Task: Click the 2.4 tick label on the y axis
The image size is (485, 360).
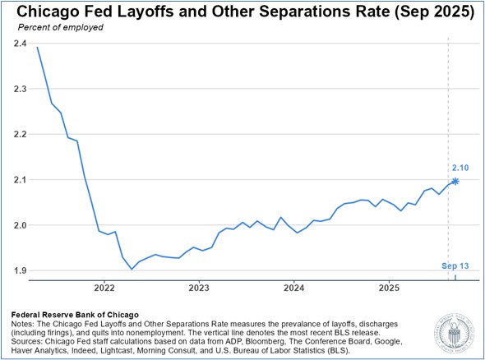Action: pos(20,43)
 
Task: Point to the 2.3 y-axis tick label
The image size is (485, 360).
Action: pos(20,89)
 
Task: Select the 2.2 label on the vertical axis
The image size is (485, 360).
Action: pos(20,134)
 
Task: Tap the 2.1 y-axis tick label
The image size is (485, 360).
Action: pos(20,179)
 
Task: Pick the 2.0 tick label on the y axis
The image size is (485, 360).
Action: pos(20,225)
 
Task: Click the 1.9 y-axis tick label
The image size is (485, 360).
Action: pos(20,270)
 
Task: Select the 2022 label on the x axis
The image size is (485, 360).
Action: pos(104,288)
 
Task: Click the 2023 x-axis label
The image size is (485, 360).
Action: pos(199,288)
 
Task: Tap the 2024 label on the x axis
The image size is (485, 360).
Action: pos(294,288)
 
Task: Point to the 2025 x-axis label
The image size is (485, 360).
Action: pos(390,288)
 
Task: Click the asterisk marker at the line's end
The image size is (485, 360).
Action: pos(455,181)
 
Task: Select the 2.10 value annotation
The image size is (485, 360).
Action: pos(460,168)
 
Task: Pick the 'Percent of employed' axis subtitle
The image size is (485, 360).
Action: pos(56,28)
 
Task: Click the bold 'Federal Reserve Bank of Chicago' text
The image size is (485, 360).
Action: pos(75,313)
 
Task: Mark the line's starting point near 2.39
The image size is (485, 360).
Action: pos(37,48)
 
